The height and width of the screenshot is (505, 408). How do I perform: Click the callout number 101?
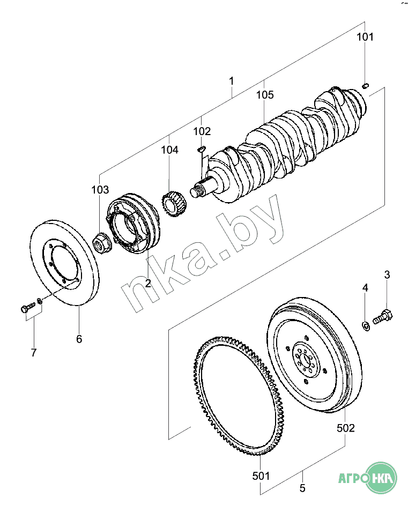[365, 37]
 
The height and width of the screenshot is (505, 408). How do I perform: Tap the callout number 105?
[265, 95]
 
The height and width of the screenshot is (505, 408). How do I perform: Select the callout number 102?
[202, 131]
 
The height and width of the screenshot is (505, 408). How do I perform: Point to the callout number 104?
[170, 150]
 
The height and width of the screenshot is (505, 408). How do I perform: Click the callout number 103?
[100, 190]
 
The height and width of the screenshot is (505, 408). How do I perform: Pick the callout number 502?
[345, 428]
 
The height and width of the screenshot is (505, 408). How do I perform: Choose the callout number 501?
[261, 476]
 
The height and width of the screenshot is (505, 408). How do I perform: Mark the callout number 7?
[34, 353]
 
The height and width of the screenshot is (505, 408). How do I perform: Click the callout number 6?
[79, 339]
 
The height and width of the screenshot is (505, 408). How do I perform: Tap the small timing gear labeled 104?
[174, 204]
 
